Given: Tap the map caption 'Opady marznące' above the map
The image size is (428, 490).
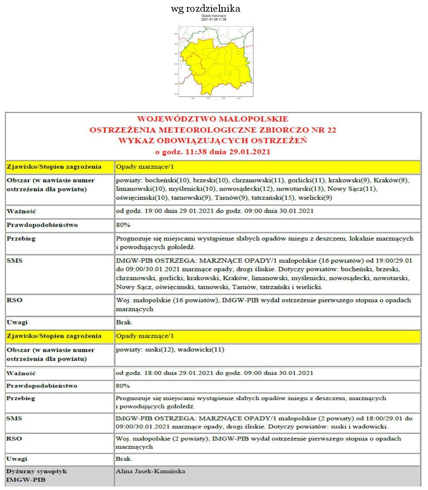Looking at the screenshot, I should coord(213,16).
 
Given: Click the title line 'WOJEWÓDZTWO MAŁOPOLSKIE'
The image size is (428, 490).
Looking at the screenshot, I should coord(213,119).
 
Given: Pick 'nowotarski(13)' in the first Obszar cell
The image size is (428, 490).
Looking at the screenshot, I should coord(303,189).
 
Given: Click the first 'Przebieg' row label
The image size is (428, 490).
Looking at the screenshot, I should coord(21,239).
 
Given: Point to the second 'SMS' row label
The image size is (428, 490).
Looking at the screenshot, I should coord(14,418).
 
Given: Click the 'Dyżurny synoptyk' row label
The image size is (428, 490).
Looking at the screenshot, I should coord(37,472).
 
